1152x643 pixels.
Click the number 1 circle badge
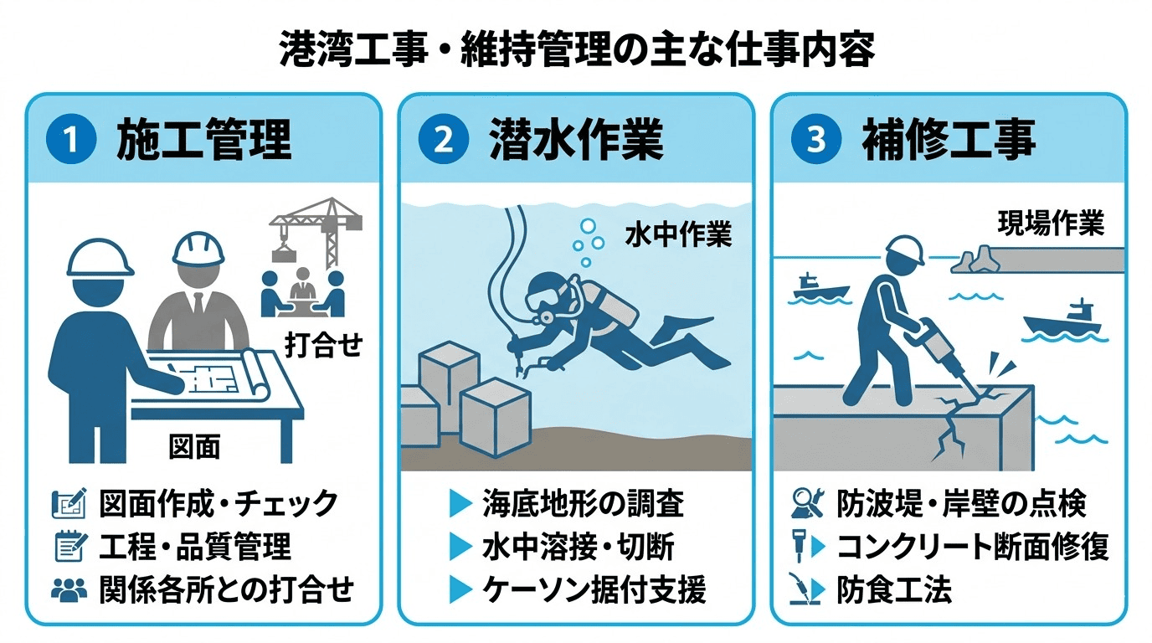[x=71, y=139]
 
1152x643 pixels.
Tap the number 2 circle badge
[x=444, y=139]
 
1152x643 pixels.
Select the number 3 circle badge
[x=816, y=139]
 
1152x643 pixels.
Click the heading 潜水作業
[x=577, y=140]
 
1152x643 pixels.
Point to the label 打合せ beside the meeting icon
[x=324, y=345]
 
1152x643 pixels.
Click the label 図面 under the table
[x=194, y=446]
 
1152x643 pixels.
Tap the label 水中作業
[x=679, y=235]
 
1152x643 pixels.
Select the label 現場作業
[x=1052, y=224]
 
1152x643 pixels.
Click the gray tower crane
[x=317, y=231]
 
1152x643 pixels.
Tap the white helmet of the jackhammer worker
[x=905, y=252]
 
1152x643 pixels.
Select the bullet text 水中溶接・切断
[x=578, y=546]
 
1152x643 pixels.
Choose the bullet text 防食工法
[x=894, y=589]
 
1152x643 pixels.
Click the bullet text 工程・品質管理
[x=195, y=546]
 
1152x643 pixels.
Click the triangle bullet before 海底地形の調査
[x=460, y=503]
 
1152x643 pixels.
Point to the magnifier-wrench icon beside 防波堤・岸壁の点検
[x=808, y=502]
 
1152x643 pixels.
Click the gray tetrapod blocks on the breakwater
[x=975, y=260]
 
